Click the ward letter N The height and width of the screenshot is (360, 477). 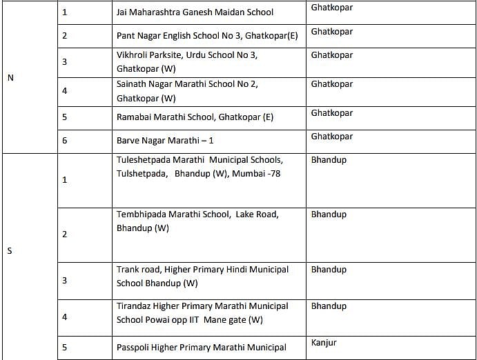point(10,77)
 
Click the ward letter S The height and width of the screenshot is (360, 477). point(10,250)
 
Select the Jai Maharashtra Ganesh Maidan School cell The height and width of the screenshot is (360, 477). point(195,12)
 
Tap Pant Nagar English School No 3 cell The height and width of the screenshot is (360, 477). point(207,34)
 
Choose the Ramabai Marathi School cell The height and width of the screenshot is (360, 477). point(195,117)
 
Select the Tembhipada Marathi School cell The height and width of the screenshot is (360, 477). point(197,221)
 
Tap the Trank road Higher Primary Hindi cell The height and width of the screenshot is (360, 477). point(202,276)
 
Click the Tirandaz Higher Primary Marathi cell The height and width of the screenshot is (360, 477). point(202,312)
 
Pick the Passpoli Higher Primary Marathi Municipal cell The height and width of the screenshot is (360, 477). point(201,348)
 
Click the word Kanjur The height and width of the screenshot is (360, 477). point(324,342)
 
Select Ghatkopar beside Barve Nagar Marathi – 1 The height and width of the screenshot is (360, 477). point(331,137)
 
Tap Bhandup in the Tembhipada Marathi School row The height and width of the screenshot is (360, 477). point(329,214)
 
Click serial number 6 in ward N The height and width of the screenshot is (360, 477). point(65,140)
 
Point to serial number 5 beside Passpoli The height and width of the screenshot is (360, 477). point(65,348)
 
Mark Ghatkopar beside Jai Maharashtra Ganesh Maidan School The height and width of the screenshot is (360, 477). point(331,8)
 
